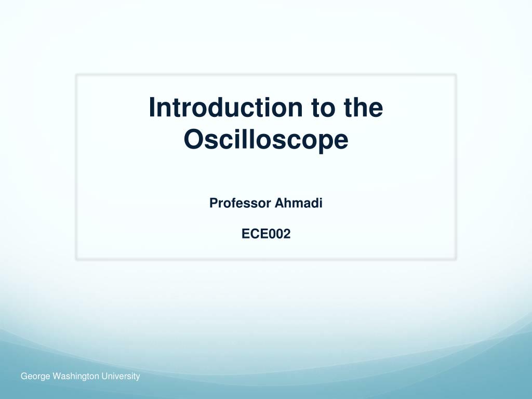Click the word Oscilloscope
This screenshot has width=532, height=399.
(266, 139)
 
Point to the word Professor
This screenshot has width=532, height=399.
(240, 203)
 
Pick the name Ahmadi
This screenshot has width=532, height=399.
(298, 203)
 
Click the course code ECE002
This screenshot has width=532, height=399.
(266, 234)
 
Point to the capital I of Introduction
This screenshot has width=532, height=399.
(152, 108)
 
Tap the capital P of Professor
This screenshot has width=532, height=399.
(214, 203)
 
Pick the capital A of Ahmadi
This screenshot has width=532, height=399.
(279, 203)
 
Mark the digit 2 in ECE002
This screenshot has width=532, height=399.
(287, 234)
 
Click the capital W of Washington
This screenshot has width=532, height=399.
(56, 376)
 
